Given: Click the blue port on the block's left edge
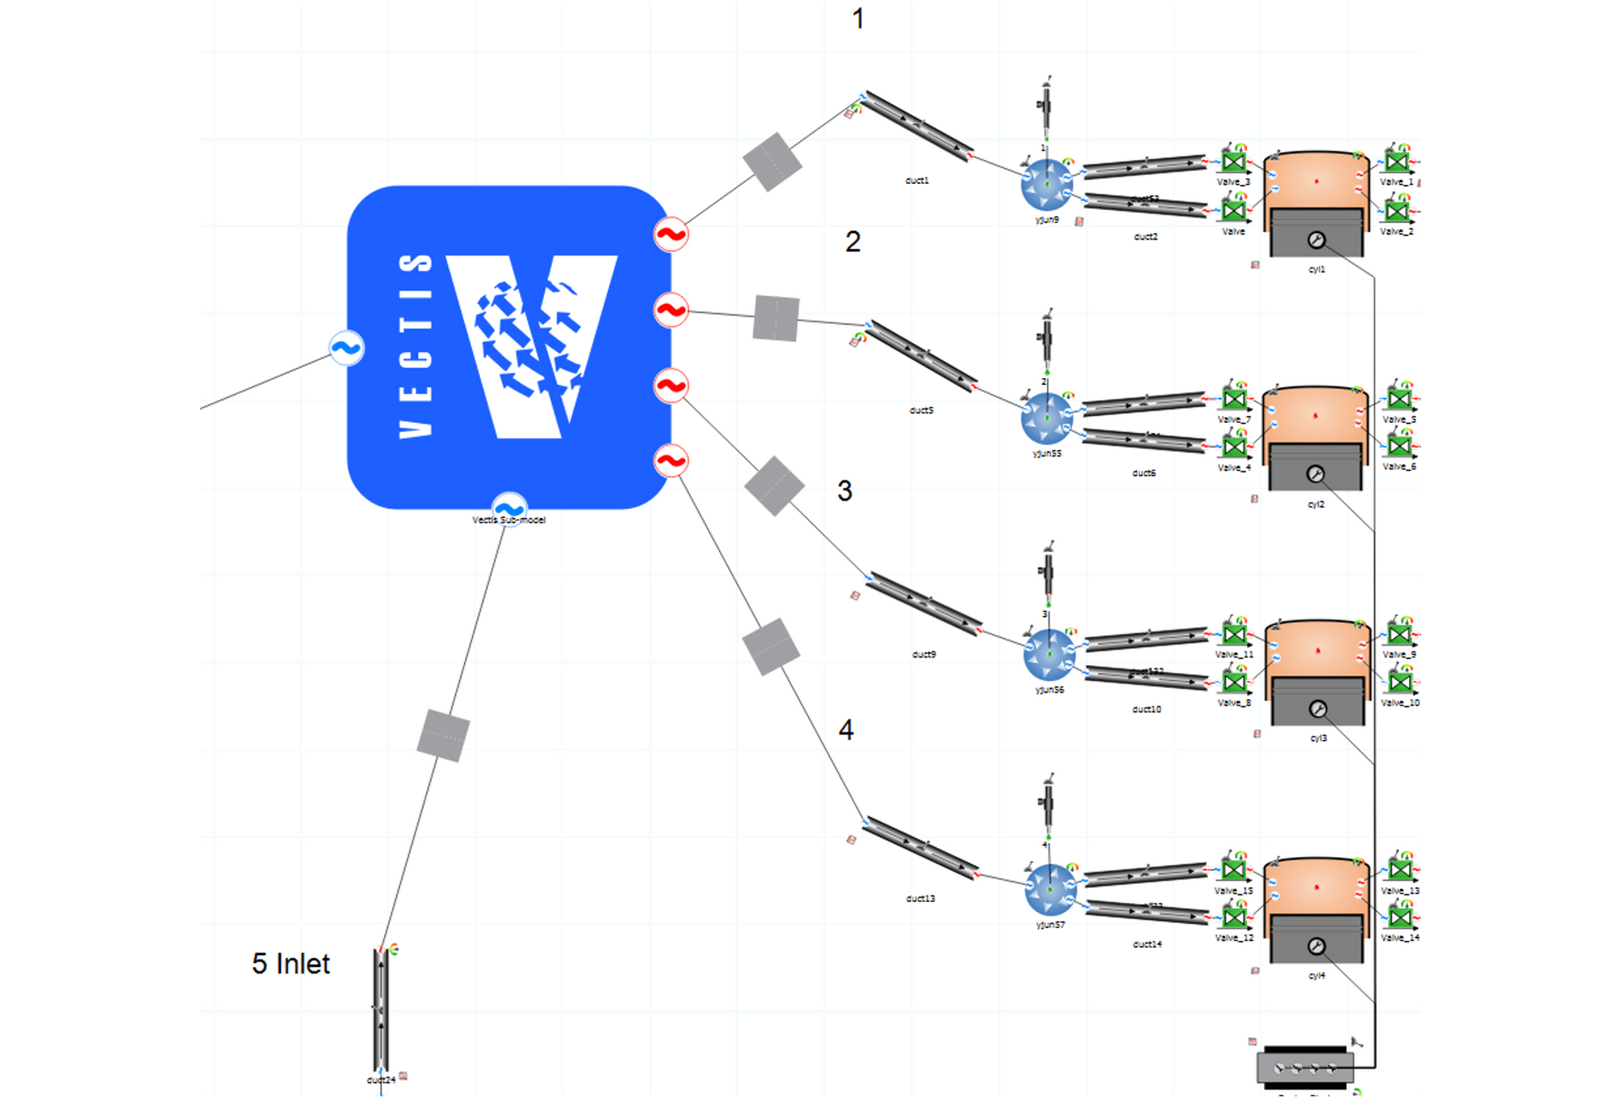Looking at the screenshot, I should pos(346,348).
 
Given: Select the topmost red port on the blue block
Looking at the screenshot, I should pos(671,235).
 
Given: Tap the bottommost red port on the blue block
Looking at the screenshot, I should pos(671,461).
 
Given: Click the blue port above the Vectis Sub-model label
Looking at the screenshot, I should pos(509,508).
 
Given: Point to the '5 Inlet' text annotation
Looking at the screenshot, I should pos(290,964).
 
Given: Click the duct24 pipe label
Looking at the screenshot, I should pos(381,1080).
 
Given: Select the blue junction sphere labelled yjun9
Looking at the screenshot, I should pos(1046,185).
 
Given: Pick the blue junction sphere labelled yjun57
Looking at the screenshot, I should pos(1049,889).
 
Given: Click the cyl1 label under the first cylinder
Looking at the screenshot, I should pos(1316,270).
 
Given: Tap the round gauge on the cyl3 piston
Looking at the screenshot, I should pos(1317,709).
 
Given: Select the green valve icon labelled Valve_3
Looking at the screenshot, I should pos(1233,161).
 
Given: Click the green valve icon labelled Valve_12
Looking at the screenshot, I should pos(1234,917).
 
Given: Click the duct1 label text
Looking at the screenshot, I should pos(917,181).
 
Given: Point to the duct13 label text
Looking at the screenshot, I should pos(920,899).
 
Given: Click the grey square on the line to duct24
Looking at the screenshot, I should pos(443,736).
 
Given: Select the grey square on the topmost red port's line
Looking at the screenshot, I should pos(772,162).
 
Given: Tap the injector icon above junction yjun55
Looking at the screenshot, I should pos(1046,338).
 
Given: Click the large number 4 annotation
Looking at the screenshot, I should pos(846,730).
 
